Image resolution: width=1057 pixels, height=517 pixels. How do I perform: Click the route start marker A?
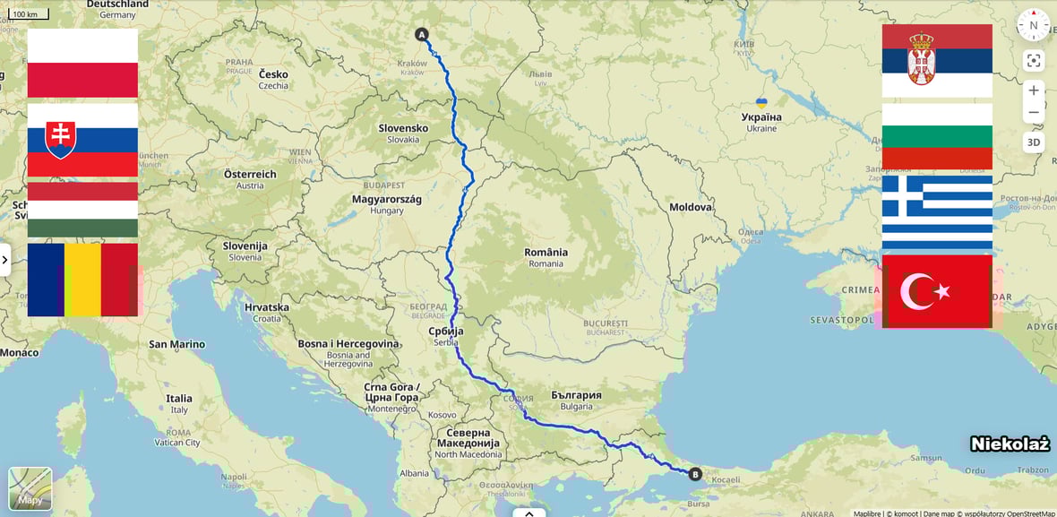coord(422,35)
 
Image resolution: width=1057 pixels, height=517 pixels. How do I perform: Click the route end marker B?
coord(695,474)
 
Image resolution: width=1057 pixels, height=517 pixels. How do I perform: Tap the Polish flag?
coord(82,63)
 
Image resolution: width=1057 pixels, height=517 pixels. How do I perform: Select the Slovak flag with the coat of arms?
coord(82,140)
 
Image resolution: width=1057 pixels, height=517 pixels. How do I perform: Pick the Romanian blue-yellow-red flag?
coord(82,280)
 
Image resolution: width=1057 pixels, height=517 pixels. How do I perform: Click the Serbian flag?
coord(937,61)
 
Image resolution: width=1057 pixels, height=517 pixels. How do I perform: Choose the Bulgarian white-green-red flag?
coord(937,136)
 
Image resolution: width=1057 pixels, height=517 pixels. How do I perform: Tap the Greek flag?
coord(937,212)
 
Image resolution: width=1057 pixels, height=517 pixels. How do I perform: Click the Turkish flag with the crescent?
coord(937,291)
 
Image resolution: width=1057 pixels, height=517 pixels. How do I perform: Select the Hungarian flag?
coord(82,210)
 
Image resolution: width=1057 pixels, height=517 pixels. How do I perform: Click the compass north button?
coord(1033,25)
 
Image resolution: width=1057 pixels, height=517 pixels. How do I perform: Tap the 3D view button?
coord(1034,142)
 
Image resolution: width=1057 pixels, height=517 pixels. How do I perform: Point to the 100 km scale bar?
coord(30,14)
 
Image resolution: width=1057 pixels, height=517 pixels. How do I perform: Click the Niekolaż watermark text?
coord(1009,444)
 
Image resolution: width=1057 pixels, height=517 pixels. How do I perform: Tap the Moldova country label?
coord(691,207)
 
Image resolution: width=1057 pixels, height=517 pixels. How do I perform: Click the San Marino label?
coord(176,344)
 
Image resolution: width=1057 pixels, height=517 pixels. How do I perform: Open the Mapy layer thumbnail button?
coord(30,489)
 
